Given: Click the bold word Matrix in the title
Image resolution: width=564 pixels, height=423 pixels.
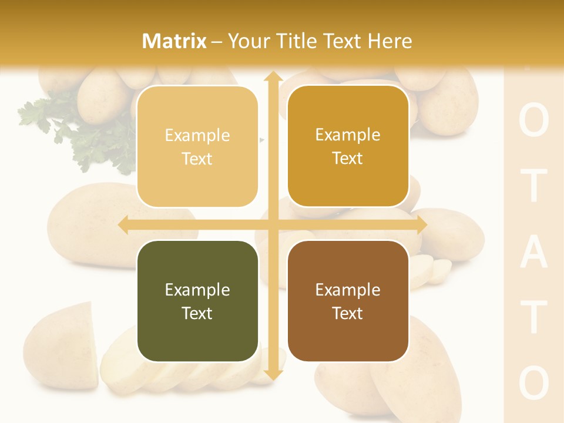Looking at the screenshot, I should [174, 41].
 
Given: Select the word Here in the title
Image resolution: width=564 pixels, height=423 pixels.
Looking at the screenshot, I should [390, 41].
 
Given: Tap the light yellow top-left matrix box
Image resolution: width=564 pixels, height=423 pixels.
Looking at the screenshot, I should [197, 146].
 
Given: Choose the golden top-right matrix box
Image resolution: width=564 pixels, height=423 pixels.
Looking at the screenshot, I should [348, 146].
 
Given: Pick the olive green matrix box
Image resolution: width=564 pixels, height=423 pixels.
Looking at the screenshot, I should [197, 301].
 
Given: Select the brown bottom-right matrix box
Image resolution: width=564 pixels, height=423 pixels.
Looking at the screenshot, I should [348, 301].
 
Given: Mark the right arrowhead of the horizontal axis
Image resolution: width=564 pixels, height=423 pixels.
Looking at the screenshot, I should [421, 225].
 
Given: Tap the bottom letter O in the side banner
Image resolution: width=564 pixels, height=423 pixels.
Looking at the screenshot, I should [534, 382].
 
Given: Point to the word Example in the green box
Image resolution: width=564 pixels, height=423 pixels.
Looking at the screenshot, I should [197, 290].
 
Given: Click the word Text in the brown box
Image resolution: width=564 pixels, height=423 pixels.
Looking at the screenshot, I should [348, 313].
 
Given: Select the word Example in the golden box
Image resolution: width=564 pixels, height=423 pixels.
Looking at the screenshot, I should [348, 135].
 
